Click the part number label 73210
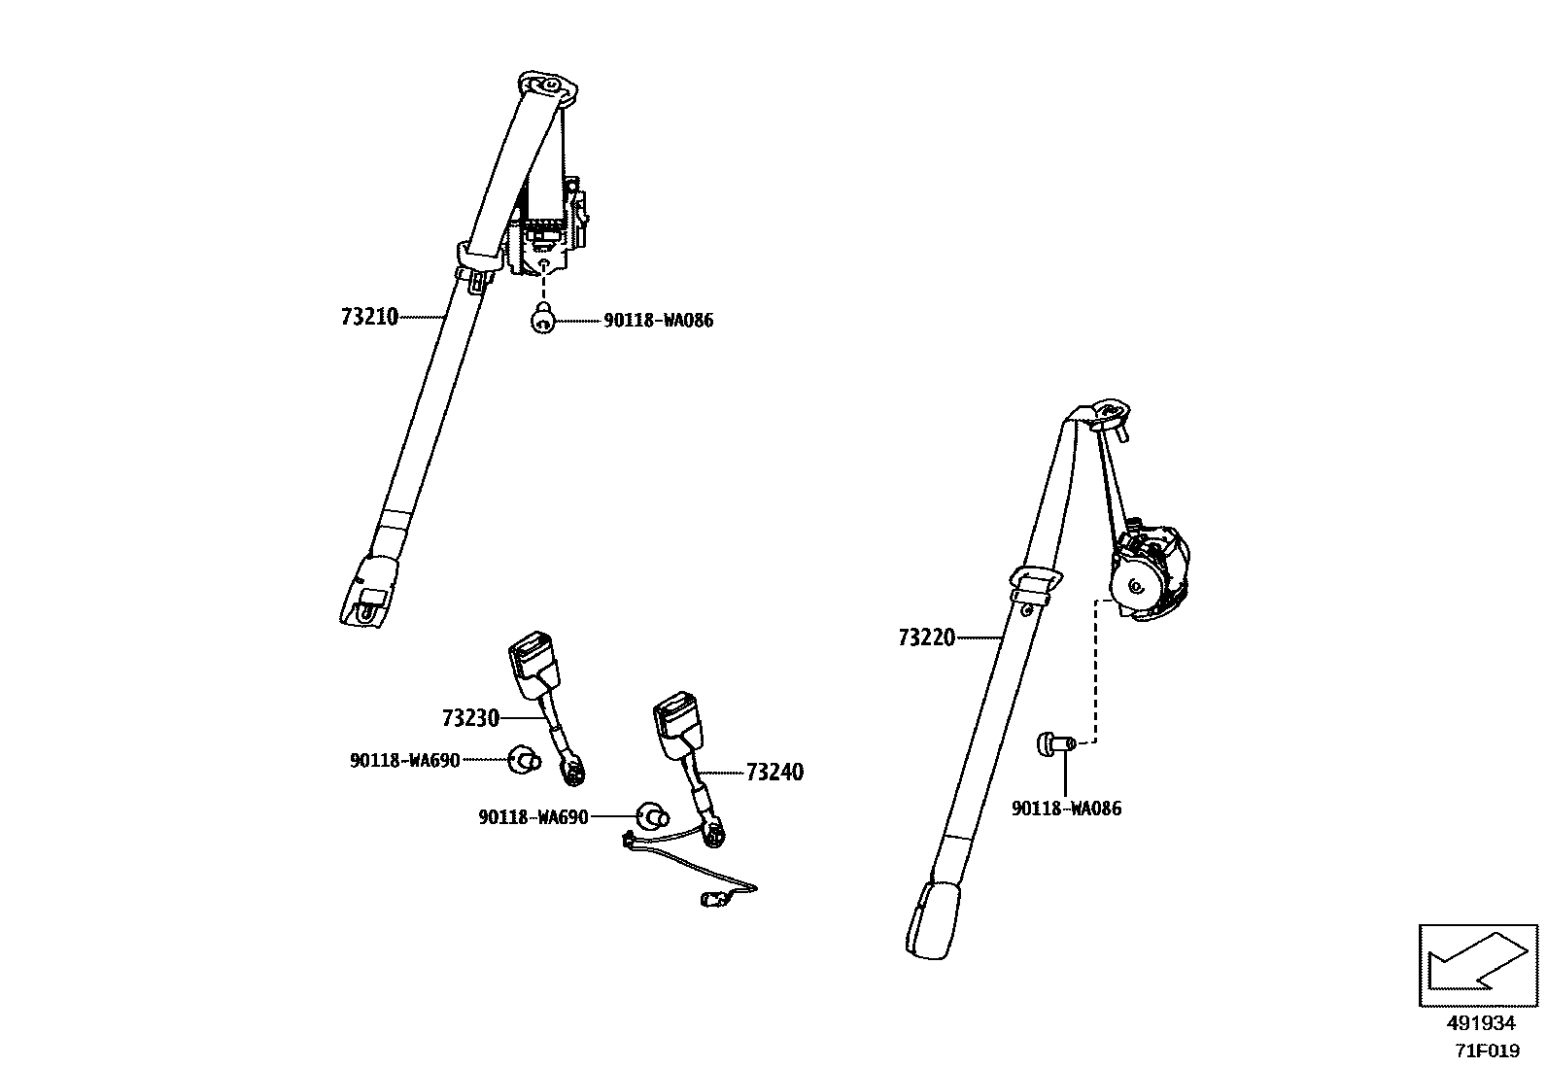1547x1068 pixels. pos(369,317)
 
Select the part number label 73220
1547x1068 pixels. pos(926,637)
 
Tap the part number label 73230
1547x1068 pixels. pos(470,718)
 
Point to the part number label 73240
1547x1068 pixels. pos(774,773)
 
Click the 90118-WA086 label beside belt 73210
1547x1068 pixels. pos(658,321)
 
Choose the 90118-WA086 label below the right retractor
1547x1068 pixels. pos(1066,809)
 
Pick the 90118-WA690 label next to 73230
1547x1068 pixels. pos(404,760)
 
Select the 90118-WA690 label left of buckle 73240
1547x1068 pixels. pos(533,817)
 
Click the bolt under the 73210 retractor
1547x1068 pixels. pos(544,317)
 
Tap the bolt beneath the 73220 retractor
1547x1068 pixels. pos(1052,744)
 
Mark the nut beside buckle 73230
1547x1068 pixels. pos(524,759)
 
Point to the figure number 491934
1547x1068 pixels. pos(1480,1023)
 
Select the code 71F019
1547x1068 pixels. pos(1487,1051)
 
